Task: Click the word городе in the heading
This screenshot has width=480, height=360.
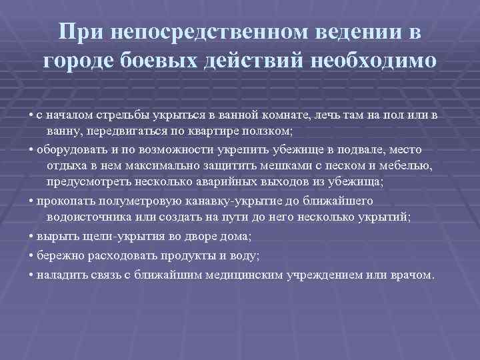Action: pyautogui.click(x=79, y=61)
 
